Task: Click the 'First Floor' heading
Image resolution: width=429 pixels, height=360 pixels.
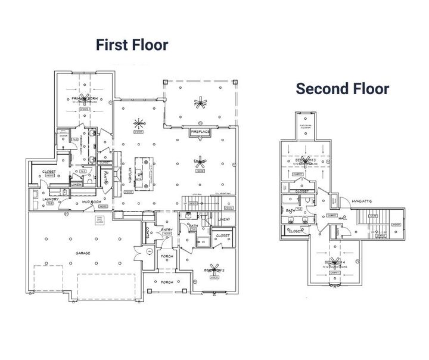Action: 133,45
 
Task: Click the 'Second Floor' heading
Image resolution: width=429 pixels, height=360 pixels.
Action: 343,89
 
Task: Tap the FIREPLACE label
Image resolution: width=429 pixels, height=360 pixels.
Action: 202,131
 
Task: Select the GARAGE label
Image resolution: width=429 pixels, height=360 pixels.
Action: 82,253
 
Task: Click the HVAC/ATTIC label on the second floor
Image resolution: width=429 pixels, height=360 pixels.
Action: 362,201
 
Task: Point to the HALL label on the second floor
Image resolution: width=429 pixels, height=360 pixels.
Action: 343,218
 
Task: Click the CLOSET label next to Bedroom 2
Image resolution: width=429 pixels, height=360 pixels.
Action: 222,236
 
